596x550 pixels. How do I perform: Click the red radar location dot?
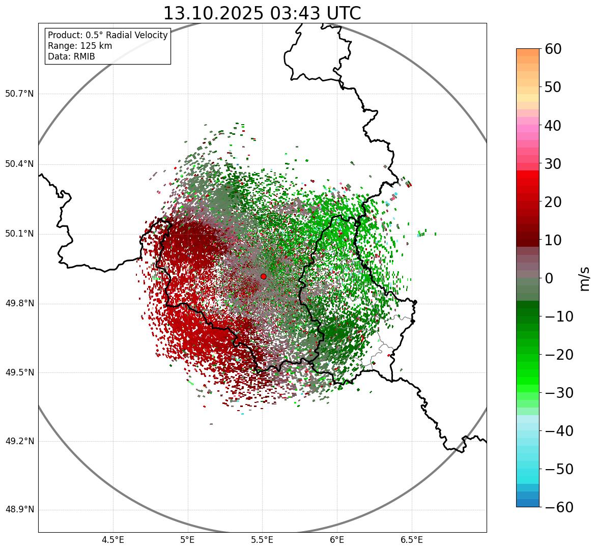[263, 276]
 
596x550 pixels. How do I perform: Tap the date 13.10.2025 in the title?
[214, 13]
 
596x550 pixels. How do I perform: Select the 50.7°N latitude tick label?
[19, 94]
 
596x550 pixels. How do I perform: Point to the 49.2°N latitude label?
[19, 441]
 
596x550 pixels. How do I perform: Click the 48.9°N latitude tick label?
[19, 510]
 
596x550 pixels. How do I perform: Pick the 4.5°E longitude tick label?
[113, 540]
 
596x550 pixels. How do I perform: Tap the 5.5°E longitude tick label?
[262, 540]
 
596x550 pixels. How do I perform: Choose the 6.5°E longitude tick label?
[411, 540]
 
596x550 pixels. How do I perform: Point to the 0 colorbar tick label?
[549, 278]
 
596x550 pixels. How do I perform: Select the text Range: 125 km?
[80, 46]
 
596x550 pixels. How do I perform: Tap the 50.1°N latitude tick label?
[19, 234]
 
